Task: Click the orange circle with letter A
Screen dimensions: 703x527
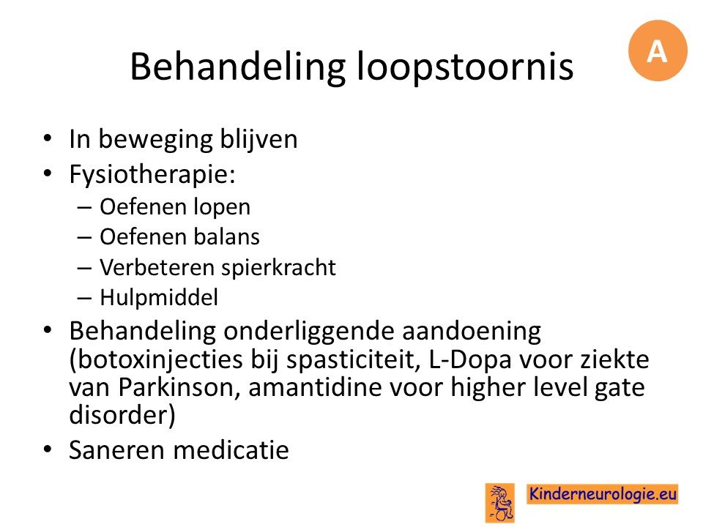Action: [x=658, y=51]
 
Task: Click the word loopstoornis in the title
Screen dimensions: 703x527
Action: [x=465, y=67]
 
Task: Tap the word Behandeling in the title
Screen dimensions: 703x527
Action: [x=237, y=67]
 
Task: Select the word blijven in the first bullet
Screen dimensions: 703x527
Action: [x=258, y=139]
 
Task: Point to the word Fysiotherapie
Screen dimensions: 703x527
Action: [x=152, y=174]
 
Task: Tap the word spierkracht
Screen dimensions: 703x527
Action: [x=278, y=268]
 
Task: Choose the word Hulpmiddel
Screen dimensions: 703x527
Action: [x=159, y=298]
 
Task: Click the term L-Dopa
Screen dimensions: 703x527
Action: [x=470, y=360]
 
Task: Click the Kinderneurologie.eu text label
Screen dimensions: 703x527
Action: [x=602, y=494]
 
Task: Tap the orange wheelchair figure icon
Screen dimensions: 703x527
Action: [x=500, y=503]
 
